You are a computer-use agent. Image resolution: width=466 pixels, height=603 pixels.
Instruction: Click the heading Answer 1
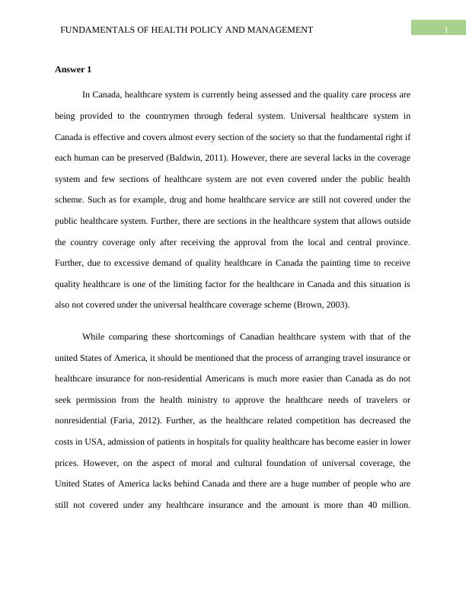pos(73,70)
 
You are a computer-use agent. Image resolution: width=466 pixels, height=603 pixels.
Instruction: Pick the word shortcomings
pos(187,336)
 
